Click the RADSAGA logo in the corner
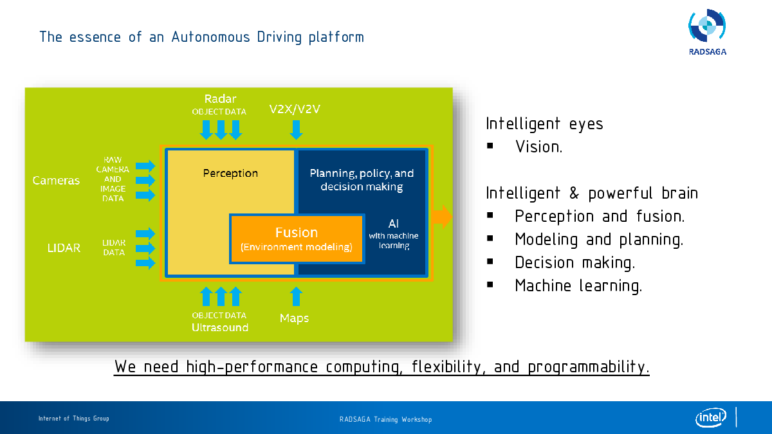[707, 32]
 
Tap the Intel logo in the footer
[711, 417]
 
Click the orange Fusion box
[297, 239]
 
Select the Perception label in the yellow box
[230, 173]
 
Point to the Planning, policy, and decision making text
[362, 179]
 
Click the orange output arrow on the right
[443, 217]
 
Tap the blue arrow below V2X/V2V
[296, 130]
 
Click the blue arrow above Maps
[296, 296]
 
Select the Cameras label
[56, 180]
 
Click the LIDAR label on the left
[64, 248]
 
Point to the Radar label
[220, 99]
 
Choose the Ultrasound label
[220, 327]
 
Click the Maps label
[294, 318]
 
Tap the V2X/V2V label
[295, 109]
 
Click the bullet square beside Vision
[490, 146]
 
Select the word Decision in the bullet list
[544, 262]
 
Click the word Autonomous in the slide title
[210, 37]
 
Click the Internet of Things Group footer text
[74, 419]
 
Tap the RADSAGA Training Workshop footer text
[385, 419]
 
